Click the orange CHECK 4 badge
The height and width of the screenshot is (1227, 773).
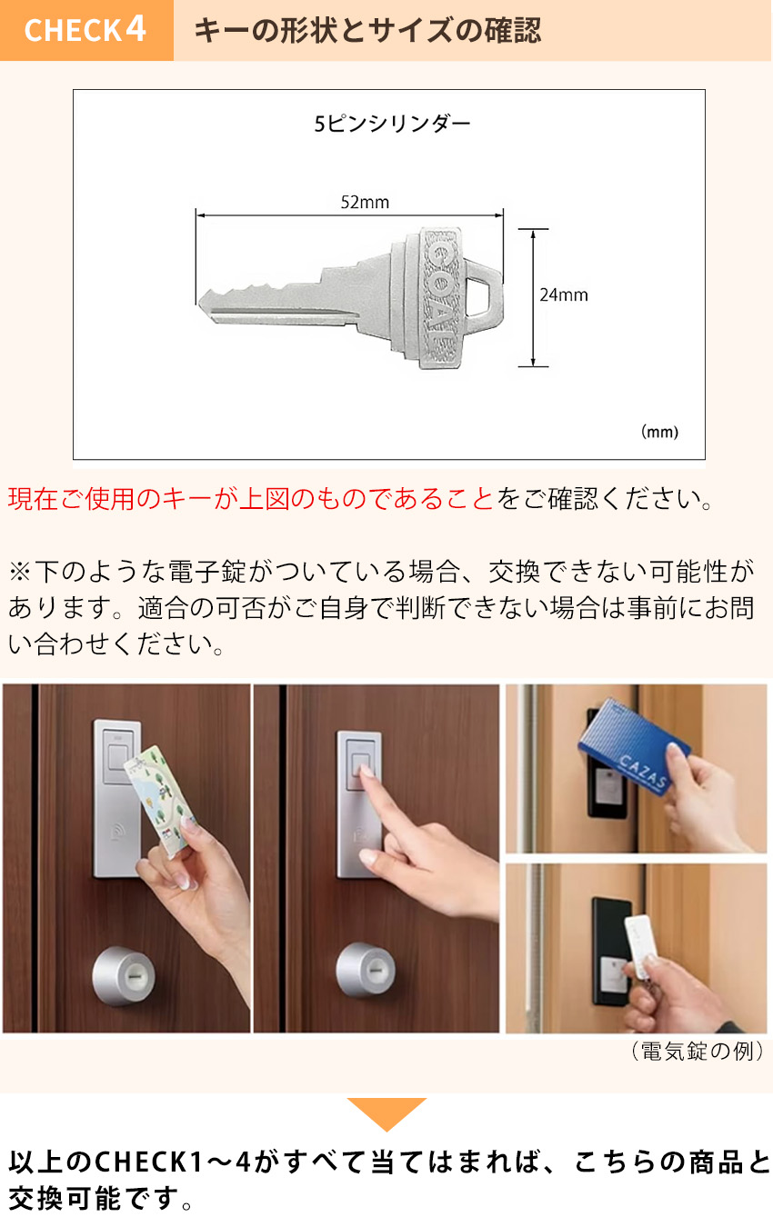86,30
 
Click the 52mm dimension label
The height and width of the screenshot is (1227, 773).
365,203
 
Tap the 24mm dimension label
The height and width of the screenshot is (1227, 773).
564,295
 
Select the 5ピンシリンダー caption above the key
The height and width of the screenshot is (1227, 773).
392,124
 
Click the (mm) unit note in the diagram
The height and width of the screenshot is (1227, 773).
659,432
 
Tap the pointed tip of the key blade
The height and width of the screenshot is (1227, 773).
199,302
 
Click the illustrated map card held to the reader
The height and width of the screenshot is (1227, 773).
159,802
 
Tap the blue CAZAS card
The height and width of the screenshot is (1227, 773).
633,744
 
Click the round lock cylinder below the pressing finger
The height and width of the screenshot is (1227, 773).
366,971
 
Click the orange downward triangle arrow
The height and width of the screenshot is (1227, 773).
386,1113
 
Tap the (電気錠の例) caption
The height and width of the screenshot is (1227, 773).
697,1052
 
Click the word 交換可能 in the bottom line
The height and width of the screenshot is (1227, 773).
65,1199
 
